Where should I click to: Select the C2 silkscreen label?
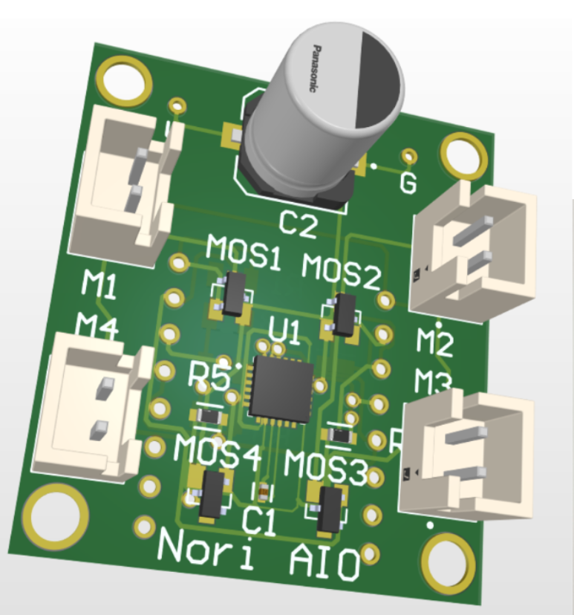tap(298, 224)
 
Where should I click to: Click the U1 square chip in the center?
tap(281, 390)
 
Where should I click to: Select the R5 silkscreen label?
tap(209, 377)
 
